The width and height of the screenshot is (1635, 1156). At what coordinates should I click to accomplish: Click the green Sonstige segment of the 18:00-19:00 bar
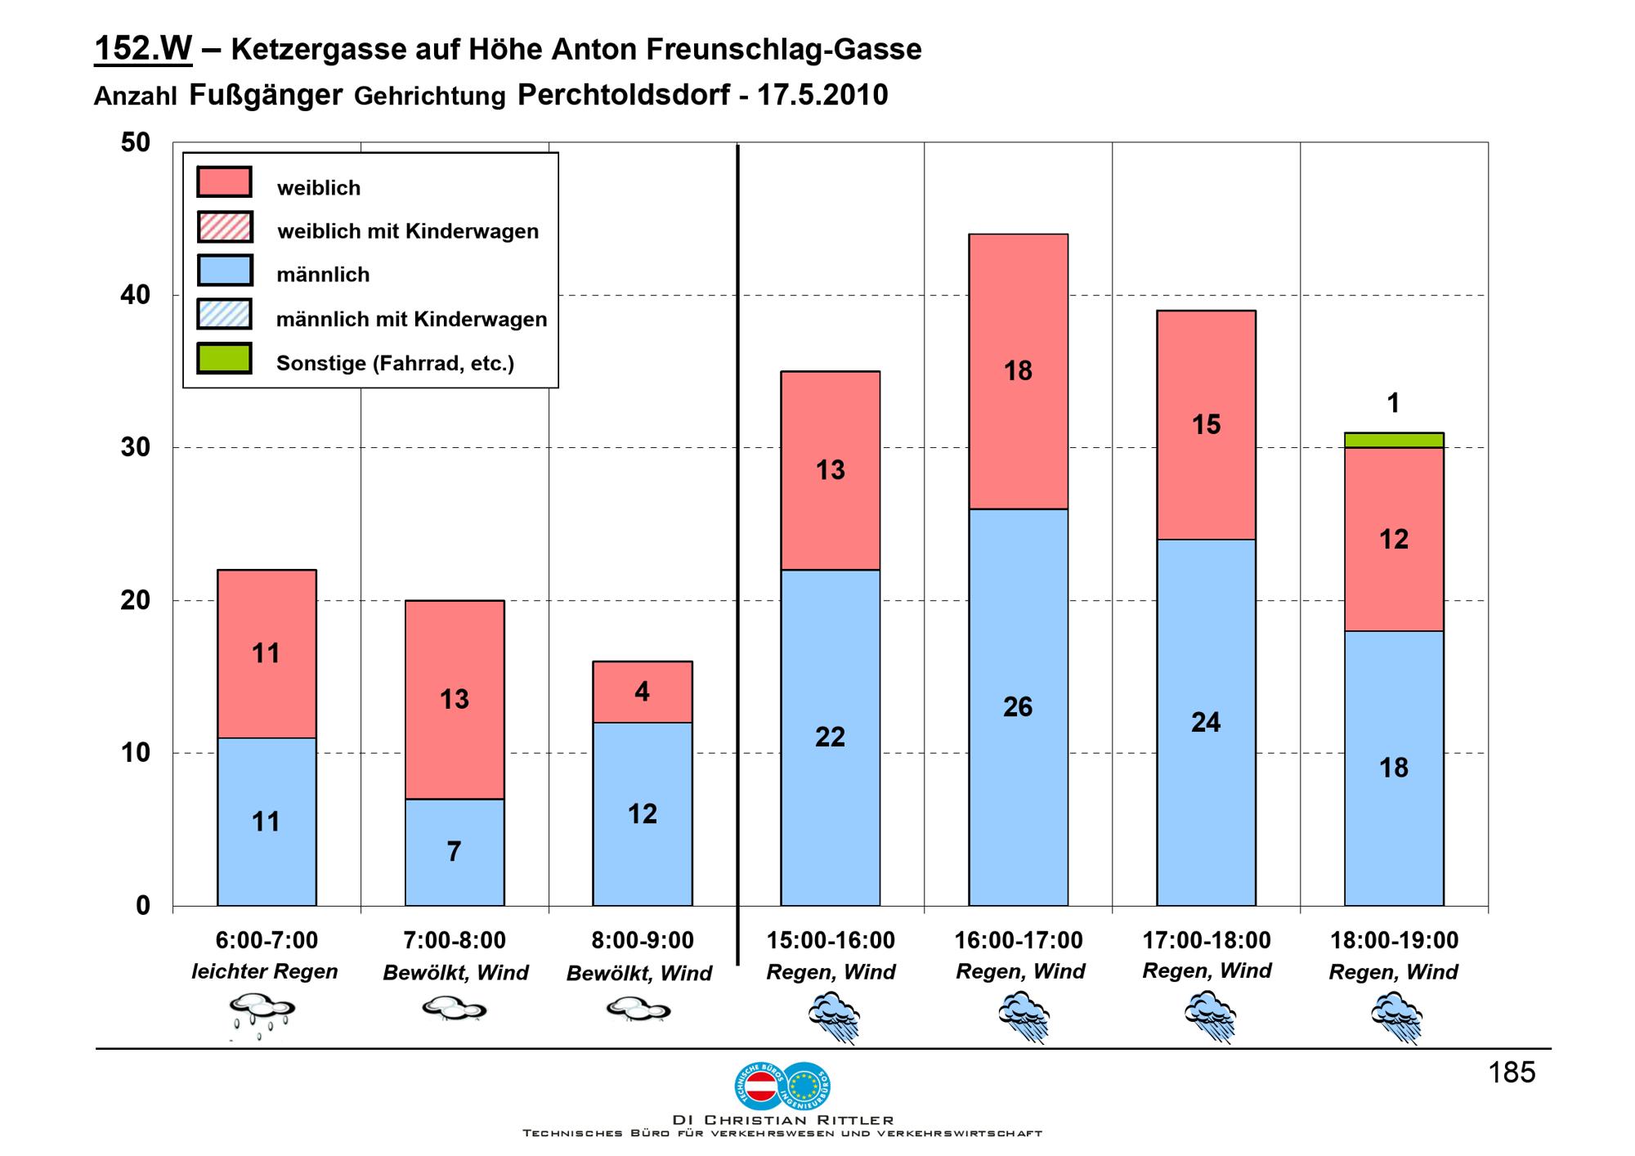click(1394, 441)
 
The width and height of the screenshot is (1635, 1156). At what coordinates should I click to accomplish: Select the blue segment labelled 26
click(1018, 707)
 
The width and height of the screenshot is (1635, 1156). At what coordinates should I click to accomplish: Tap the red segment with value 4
click(643, 692)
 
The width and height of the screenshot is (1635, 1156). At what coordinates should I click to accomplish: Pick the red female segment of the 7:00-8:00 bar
click(455, 700)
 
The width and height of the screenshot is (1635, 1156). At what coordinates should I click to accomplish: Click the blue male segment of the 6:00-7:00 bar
click(267, 822)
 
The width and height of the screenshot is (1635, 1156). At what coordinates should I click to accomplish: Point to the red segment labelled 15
click(1206, 424)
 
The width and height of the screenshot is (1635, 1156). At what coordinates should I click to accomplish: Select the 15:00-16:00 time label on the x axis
click(831, 940)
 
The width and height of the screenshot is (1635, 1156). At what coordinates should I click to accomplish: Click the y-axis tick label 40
click(136, 295)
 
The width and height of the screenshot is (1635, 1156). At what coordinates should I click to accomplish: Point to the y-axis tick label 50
click(136, 143)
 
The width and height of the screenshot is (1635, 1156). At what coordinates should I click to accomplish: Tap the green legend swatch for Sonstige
click(225, 358)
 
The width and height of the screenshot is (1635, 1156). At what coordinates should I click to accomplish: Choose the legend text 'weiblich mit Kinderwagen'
click(408, 231)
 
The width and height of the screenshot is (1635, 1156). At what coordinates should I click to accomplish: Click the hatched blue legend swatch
click(225, 314)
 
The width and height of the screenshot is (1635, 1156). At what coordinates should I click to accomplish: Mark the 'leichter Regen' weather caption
click(265, 972)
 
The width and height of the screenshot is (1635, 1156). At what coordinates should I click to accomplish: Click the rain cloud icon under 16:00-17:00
click(1024, 1016)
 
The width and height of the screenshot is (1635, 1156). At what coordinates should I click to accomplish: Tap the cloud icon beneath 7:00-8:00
click(455, 1010)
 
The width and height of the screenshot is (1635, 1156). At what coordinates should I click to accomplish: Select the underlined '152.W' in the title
click(143, 49)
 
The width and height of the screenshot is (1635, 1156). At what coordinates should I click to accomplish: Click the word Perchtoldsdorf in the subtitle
click(623, 95)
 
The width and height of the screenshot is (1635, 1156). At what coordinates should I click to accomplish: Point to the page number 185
click(1512, 1073)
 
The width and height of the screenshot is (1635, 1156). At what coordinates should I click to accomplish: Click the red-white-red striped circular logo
click(760, 1087)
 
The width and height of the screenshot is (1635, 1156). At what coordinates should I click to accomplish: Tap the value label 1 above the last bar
click(1394, 403)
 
